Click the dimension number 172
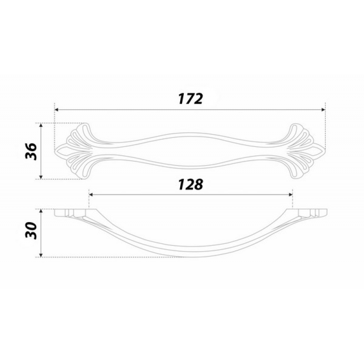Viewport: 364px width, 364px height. [190, 99]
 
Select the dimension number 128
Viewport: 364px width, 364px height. [190, 185]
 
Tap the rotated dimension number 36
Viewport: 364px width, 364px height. [31, 152]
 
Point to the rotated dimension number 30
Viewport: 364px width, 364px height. [31, 231]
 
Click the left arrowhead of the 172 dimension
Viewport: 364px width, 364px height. [56, 110]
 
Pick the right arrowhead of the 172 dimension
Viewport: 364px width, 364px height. [324, 110]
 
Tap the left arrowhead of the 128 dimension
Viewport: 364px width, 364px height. [91, 195]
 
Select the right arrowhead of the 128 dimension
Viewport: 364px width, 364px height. [291, 195]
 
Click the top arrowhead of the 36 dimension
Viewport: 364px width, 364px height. [41, 125]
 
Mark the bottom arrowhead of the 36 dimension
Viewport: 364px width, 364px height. [41, 177]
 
